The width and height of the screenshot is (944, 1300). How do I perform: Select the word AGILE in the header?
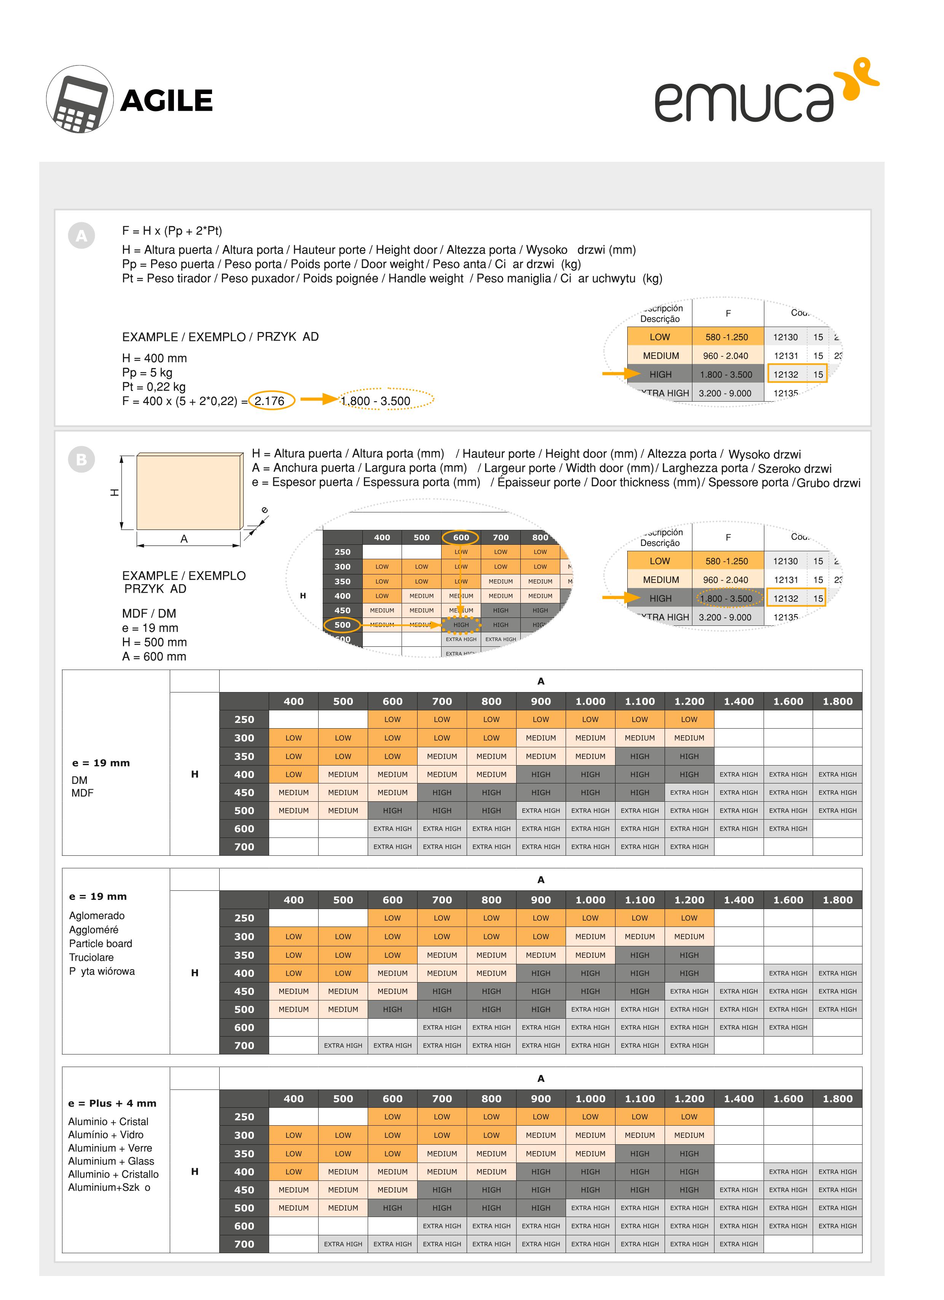coord(166,101)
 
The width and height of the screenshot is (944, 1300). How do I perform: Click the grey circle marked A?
coord(81,236)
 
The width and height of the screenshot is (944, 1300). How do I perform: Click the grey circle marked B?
coord(81,460)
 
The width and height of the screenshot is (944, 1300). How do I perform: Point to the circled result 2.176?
coord(270,401)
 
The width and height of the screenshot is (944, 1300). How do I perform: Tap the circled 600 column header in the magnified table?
coord(461,537)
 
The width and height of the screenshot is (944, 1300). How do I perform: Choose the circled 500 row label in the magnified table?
coord(342,625)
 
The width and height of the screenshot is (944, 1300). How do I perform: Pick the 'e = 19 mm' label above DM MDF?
coord(101,763)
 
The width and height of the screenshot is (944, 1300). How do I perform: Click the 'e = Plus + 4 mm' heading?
coord(112,1104)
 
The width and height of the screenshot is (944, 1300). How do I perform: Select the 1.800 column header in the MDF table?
coord(837,701)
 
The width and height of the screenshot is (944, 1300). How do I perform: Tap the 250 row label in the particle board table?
coord(244,918)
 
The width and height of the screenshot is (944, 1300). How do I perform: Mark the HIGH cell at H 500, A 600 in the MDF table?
coord(392,810)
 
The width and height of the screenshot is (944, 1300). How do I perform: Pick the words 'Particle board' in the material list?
coord(101,943)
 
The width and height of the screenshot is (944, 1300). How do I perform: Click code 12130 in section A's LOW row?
coord(785,337)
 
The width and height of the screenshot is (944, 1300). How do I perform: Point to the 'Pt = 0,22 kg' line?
coord(154,387)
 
